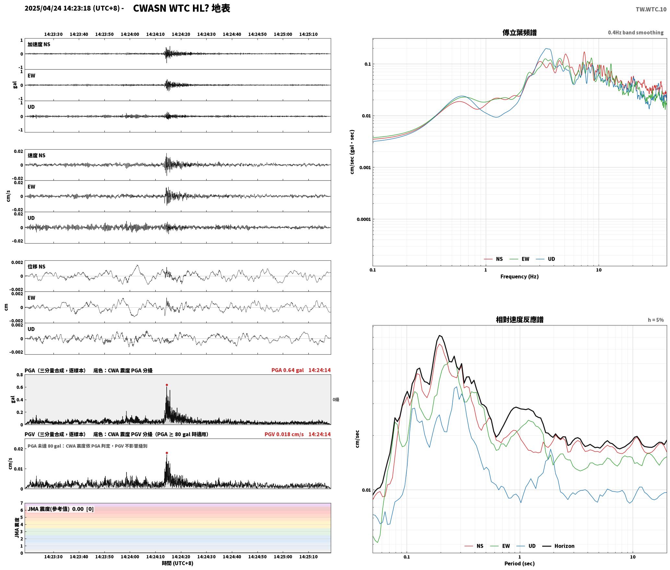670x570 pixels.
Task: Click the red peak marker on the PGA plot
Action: [x=167, y=385]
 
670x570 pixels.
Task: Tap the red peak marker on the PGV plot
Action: [x=167, y=453]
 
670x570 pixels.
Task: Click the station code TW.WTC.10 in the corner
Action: [x=651, y=9]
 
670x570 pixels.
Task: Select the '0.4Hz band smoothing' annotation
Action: [x=636, y=33]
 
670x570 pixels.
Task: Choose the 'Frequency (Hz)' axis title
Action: [x=520, y=277]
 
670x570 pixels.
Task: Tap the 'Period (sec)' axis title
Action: [x=520, y=564]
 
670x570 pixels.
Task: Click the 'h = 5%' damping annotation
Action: [x=656, y=320]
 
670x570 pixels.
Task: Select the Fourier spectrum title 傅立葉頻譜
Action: [x=520, y=32]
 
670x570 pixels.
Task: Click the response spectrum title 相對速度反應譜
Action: [x=520, y=320]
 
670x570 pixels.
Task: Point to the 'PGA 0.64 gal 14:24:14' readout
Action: [x=301, y=370]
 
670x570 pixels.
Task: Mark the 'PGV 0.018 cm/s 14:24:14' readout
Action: [x=298, y=434]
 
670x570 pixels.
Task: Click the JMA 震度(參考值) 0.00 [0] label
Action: [x=61, y=509]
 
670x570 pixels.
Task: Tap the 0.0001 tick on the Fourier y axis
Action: [x=364, y=219]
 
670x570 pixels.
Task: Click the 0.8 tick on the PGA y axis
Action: [x=20, y=375]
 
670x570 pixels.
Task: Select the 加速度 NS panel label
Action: [x=39, y=44]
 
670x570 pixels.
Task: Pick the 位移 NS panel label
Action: [x=37, y=267]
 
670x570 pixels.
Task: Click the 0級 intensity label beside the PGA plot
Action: [x=336, y=400]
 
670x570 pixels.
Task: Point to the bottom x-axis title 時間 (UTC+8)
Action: [x=178, y=564]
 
